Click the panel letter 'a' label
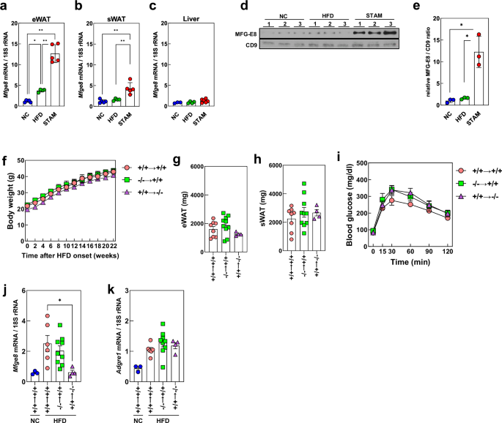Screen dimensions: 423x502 [5, 7]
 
